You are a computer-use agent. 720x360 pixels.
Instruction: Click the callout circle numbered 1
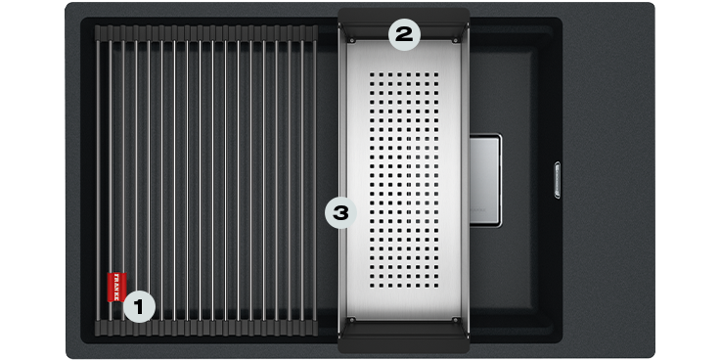140,306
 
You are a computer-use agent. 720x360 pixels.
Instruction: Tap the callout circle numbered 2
405,34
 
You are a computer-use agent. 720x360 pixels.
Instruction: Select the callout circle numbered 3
340,212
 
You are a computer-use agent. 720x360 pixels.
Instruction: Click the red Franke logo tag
116,287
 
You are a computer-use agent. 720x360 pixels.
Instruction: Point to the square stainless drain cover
485,180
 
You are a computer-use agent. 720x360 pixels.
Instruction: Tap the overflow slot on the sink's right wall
558,180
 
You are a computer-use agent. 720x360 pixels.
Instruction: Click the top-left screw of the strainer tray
352,41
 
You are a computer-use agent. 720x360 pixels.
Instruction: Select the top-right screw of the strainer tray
455,41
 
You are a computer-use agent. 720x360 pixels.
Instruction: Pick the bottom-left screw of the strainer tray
352,319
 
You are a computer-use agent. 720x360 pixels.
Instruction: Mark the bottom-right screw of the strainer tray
455,319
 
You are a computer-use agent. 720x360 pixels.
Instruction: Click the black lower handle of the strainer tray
404,337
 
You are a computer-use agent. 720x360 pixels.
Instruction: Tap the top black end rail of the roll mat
206,33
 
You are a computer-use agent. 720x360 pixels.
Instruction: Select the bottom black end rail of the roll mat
206,328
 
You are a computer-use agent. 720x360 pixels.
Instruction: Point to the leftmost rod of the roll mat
98,180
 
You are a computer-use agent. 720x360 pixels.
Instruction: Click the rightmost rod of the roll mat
315,180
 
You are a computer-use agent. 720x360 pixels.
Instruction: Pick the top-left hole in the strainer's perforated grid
372,74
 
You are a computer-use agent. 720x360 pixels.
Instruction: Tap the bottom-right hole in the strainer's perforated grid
435,286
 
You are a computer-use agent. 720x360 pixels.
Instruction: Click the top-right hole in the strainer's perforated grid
435,74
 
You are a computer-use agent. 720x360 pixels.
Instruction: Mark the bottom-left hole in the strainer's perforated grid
372,286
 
